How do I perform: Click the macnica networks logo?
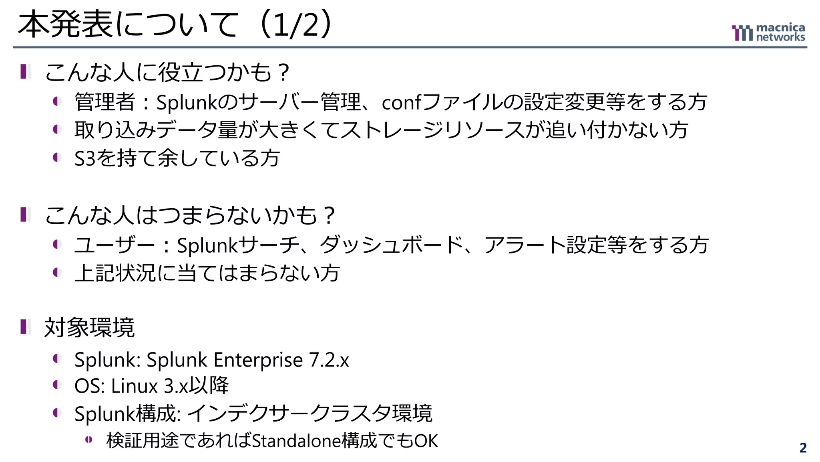click(768, 32)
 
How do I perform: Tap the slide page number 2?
click(803, 448)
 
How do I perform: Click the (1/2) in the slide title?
click(296, 25)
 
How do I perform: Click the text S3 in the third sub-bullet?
click(85, 158)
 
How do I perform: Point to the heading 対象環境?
click(89, 328)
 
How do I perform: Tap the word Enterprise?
click(258, 360)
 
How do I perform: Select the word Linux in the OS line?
click(135, 386)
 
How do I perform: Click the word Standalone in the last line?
click(296, 441)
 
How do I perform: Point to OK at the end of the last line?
click(426, 441)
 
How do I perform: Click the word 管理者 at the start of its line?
click(105, 102)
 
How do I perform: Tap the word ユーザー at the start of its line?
click(115, 245)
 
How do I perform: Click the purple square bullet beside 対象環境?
click(25, 326)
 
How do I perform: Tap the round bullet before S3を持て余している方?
click(57, 157)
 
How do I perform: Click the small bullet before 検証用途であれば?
click(88, 440)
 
